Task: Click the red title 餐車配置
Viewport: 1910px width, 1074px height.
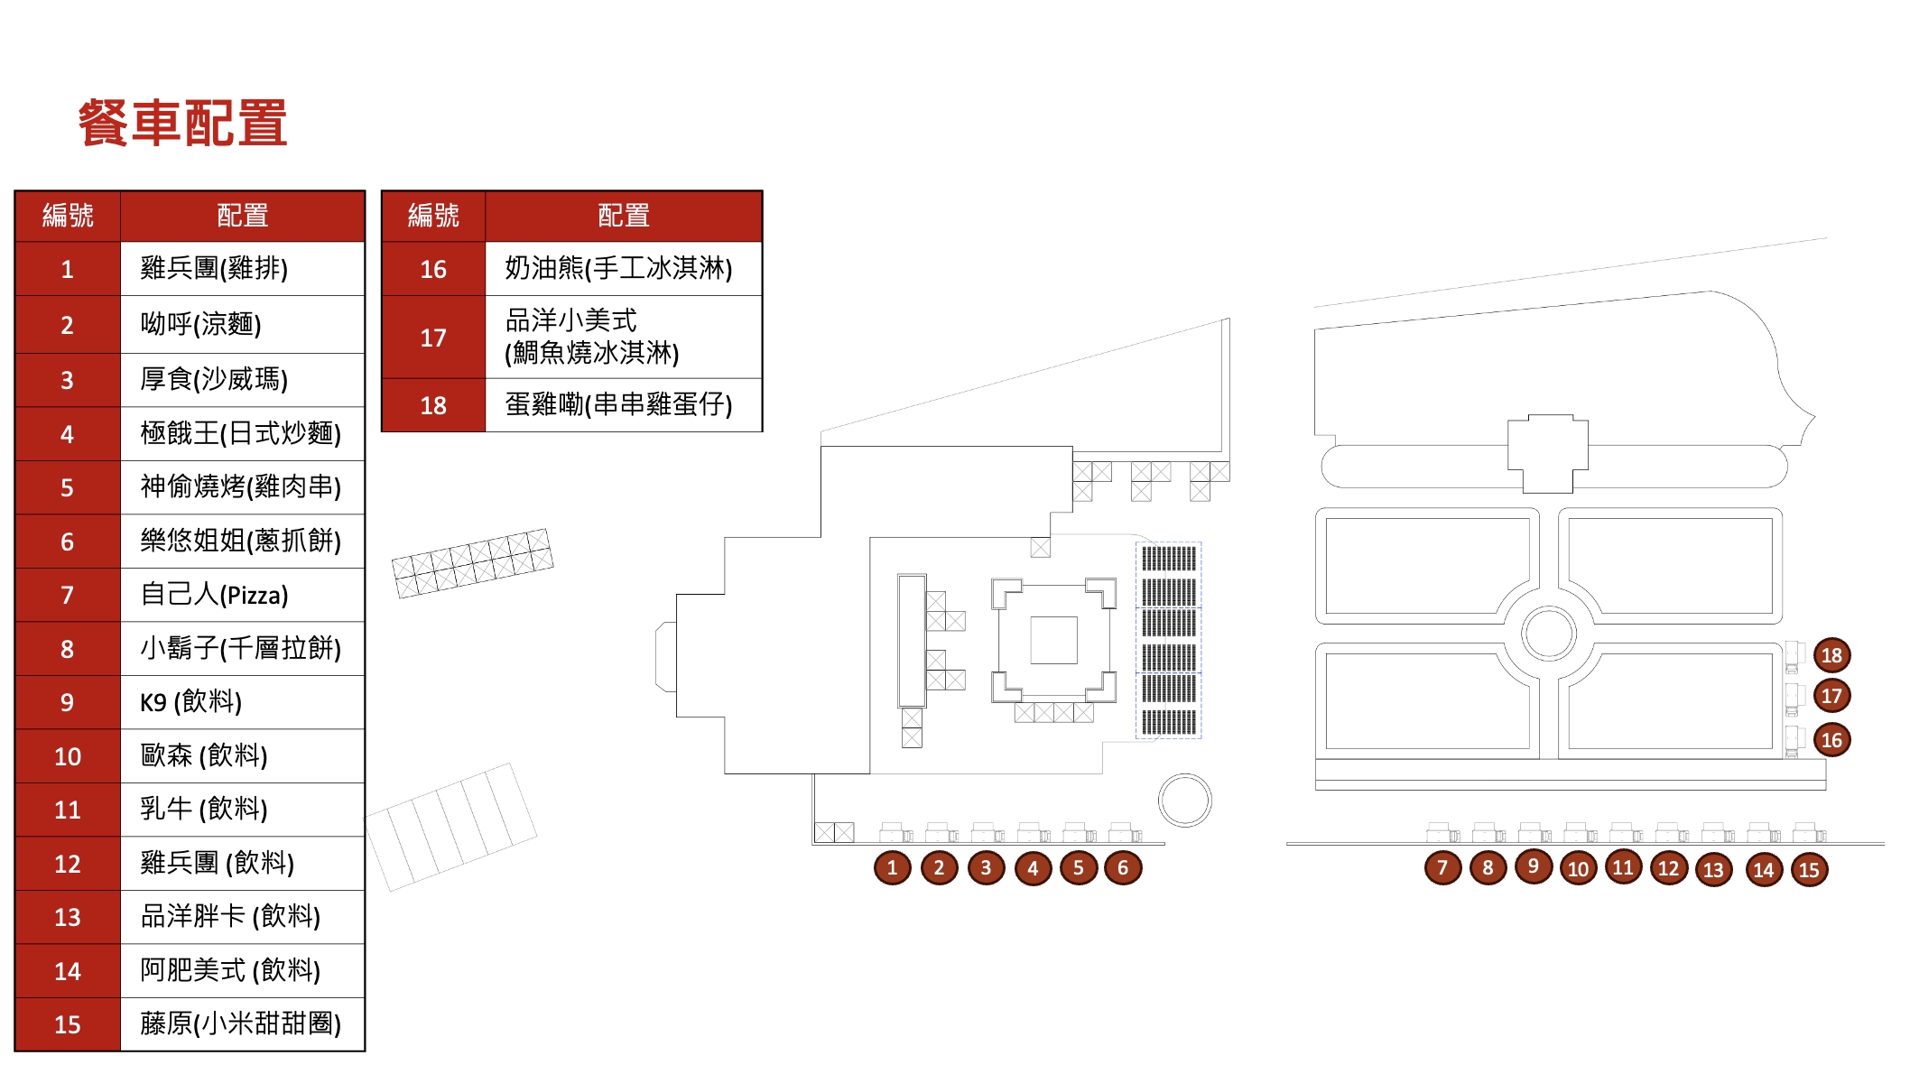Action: click(x=183, y=123)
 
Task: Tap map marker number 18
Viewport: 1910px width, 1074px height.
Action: click(x=1831, y=655)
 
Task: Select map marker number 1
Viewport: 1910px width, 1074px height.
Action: click(x=892, y=868)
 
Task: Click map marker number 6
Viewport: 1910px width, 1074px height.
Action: click(x=1123, y=868)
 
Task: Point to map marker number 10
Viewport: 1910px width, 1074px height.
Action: click(x=1578, y=869)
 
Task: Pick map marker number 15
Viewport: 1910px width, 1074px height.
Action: click(x=1809, y=870)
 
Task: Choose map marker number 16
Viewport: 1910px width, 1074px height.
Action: click(x=1831, y=740)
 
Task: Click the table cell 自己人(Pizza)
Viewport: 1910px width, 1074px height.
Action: click(x=242, y=595)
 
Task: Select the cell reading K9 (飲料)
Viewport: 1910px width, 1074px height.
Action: click(x=242, y=702)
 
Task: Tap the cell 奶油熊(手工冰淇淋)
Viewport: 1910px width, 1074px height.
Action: click(x=624, y=268)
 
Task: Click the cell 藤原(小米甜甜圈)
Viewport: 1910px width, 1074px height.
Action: click(x=242, y=1024)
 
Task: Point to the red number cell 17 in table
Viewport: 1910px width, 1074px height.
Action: click(x=433, y=338)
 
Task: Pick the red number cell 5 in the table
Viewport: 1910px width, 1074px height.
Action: click(x=68, y=488)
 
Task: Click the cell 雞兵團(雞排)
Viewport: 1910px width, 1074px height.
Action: click(x=242, y=268)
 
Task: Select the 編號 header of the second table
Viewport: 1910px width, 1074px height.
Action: click(x=433, y=216)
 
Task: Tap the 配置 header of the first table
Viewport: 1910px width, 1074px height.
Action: click(x=242, y=216)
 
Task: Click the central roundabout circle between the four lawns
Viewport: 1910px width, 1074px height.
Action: click(x=1548, y=608)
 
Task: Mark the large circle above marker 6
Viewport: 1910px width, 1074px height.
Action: click(x=1184, y=775)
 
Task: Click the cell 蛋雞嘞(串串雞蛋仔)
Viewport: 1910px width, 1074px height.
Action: click(x=624, y=405)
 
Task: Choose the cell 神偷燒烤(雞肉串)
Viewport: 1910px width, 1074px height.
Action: click(x=242, y=488)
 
